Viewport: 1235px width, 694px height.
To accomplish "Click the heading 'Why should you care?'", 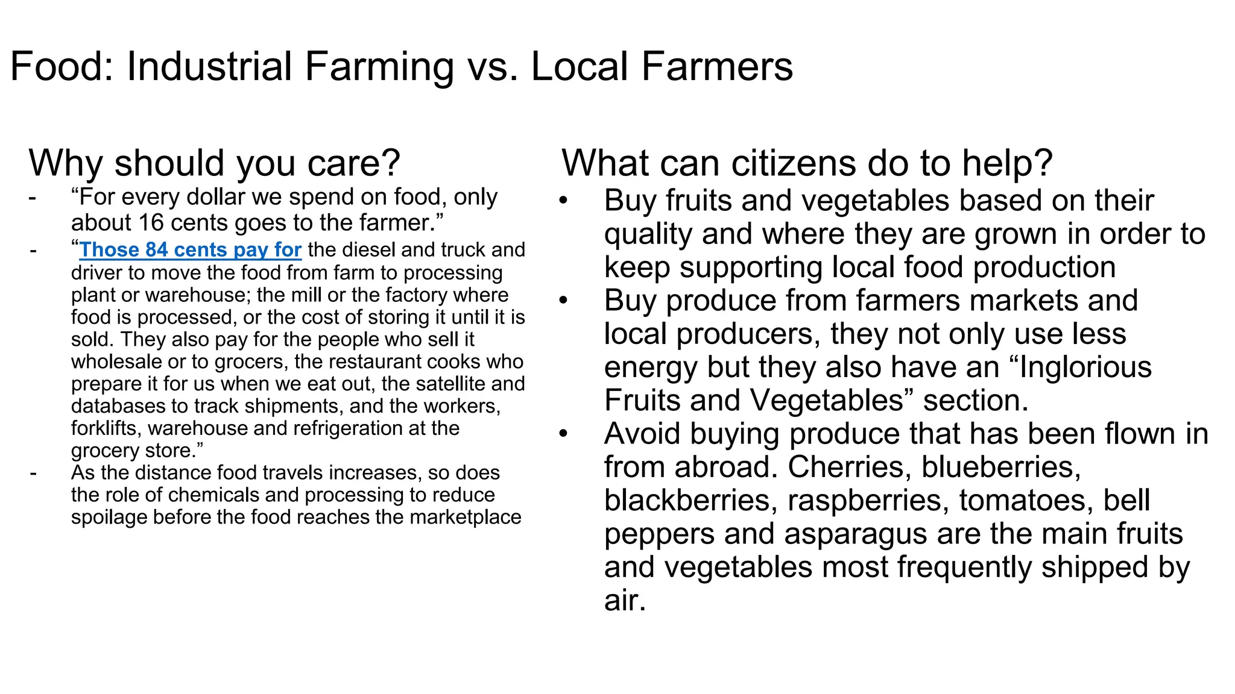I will [x=214, y=163].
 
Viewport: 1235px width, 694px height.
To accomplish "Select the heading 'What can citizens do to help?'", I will [x=807, y=163].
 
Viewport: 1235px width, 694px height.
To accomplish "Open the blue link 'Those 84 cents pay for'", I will [x=190, y=249].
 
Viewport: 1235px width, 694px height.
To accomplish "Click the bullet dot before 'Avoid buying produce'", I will [x=563, y=434].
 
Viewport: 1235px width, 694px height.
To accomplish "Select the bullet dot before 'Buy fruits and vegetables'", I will [x=563, y=201].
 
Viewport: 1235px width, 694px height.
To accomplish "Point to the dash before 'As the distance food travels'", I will [x=33, y=474].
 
